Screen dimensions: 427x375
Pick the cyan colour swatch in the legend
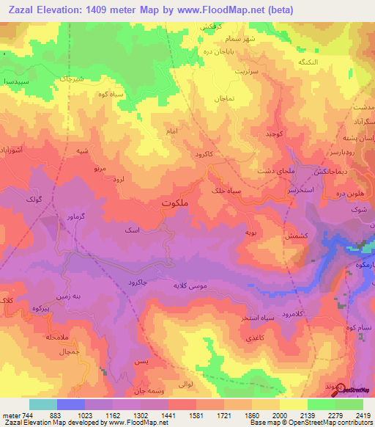coord(43,404)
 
